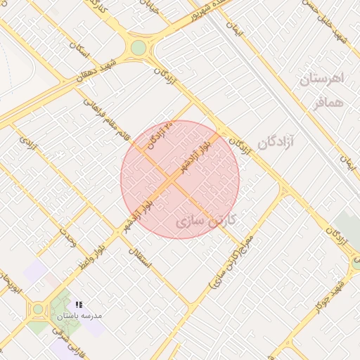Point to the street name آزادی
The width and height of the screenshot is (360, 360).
point(29,148)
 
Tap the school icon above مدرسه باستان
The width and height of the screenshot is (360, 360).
point(78,304)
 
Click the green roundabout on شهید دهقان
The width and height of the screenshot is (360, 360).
point(139,48)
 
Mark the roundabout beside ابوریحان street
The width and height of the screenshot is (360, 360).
point(37,309)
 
